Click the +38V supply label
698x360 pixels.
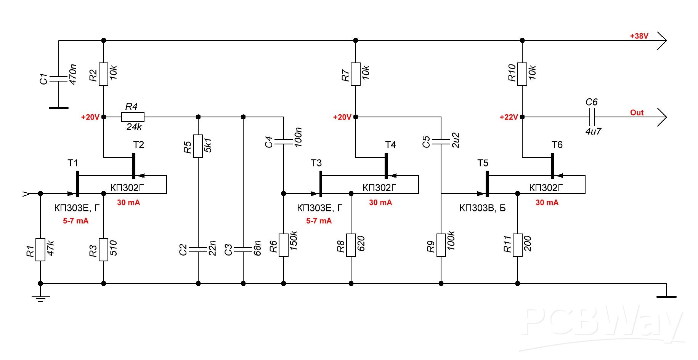pyautogui.click(x=639, y=36)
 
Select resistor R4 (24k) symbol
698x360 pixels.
pyautogui.click(x=133, y=117)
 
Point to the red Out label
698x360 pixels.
pyautogui.click(x=637, y=112)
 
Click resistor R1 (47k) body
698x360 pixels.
pyautogui.click(x=40, y=250)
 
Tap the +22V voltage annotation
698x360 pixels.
pyautogui.click(x=509, y=117)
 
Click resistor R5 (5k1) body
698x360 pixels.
pyautogui.click(x=198, y=146)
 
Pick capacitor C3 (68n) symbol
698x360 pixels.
pyautogui.click(x=243, y=250)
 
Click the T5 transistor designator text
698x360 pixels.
pyautogui.click(x=483, y=163)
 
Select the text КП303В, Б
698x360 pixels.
pyautogui.click(x=483, y=208)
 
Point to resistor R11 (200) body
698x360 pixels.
pyautogui.click(x=517, y=245)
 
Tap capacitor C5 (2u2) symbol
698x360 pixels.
pyautogui.click(x=441, y=142)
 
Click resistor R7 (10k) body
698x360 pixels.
pyautogui.click(x=356, y=74)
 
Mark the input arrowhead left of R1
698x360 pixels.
pyautogui.click(x=26, y=194)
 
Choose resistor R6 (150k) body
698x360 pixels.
pyautogui.click(x=283, y=245)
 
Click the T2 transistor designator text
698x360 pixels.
pyautogui.click(x=139, y=144)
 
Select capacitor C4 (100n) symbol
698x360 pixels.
pyautogui.click(x=283, y=142)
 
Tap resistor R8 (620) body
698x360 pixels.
pyautogui.click(x=351, y=245)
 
